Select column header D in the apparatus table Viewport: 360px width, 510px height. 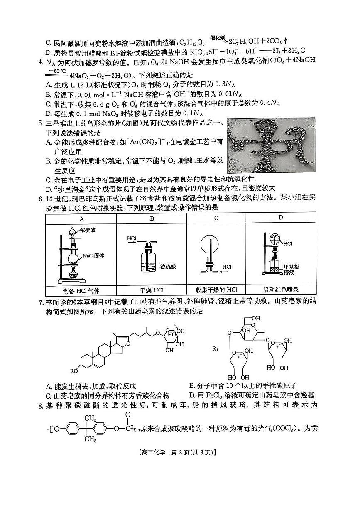[281, 217]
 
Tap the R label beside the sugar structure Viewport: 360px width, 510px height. [215, 349]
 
